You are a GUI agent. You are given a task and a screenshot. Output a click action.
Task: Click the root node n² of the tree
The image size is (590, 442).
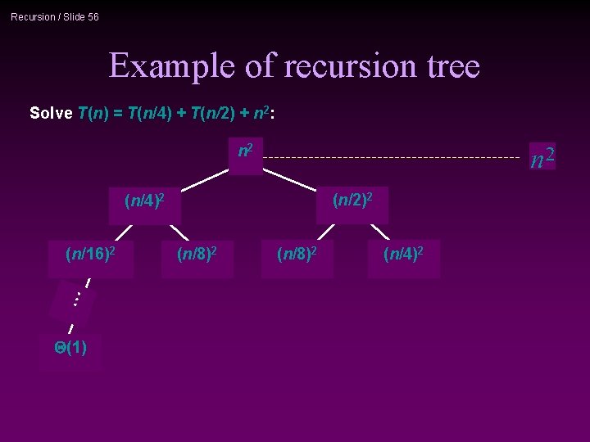[x=245, y=152]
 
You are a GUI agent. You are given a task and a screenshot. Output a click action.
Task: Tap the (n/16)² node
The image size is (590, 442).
[x=89, y=255]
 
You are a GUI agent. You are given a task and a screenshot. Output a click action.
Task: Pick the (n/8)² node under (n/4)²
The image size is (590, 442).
[x=197, y=255]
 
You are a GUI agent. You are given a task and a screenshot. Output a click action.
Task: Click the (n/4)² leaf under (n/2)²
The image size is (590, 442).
[x=403, y=255]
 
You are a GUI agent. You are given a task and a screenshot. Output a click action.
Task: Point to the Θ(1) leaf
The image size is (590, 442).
[x=70, y=349]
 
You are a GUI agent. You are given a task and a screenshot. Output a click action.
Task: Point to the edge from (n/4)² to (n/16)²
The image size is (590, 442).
[x=123, y=232]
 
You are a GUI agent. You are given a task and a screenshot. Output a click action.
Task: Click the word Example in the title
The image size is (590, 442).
[x=173, y=65]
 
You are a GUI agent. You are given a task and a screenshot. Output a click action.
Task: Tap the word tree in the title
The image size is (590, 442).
[x=450, y=65]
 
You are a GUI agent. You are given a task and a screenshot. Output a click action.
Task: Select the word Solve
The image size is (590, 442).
[x=51, y=113]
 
